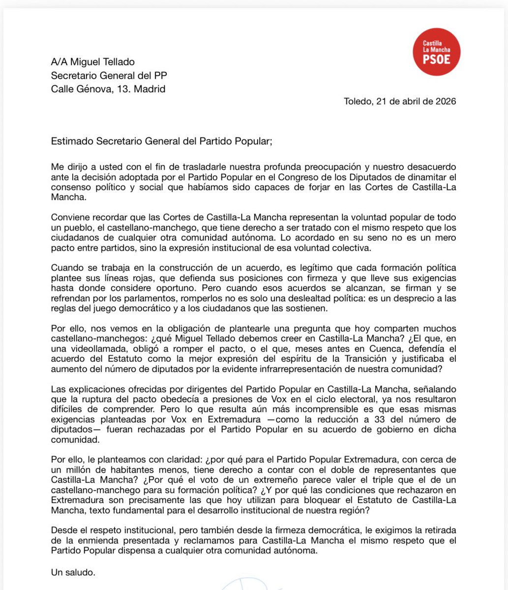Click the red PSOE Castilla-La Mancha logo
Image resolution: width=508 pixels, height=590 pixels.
click(x=436, y=53)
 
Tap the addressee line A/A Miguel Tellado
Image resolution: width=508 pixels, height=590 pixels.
click(x=93, y=62)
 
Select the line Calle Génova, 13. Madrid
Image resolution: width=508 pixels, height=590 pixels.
click(x=108, y=89)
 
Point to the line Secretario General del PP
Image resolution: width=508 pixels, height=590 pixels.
click(x=112, y=75)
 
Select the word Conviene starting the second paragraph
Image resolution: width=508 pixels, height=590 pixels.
click(x=70, y=218)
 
